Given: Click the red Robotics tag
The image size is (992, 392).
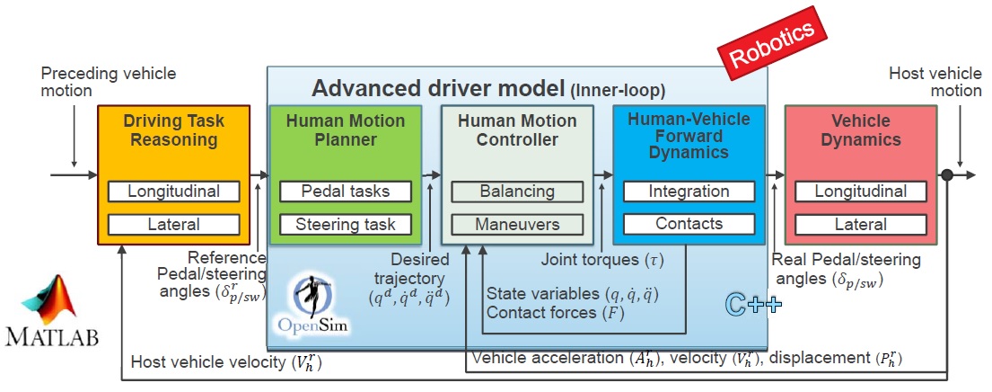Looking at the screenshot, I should (x=771, y=45).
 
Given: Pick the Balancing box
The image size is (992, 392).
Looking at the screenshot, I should (x=516, y=192).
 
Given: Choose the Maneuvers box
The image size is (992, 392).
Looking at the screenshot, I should (x=516, y=224).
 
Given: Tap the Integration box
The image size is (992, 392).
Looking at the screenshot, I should (x=689, y=192).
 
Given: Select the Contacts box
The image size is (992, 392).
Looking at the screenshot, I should (x=689, y=224).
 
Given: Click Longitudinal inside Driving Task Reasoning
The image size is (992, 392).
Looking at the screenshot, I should (x=173, y=192).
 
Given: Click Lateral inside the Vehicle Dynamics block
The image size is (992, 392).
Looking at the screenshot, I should (x=860, y=224).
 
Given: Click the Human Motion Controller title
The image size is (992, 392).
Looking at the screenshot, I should (x=516, y=129).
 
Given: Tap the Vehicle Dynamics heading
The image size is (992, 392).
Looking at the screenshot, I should (x=860, y=129).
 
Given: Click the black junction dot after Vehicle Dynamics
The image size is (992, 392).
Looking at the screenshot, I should (x=946, y=175).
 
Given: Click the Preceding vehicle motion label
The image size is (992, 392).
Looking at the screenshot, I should (x=109, y=82).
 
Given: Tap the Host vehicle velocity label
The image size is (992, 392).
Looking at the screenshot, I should (x=225, y=362).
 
